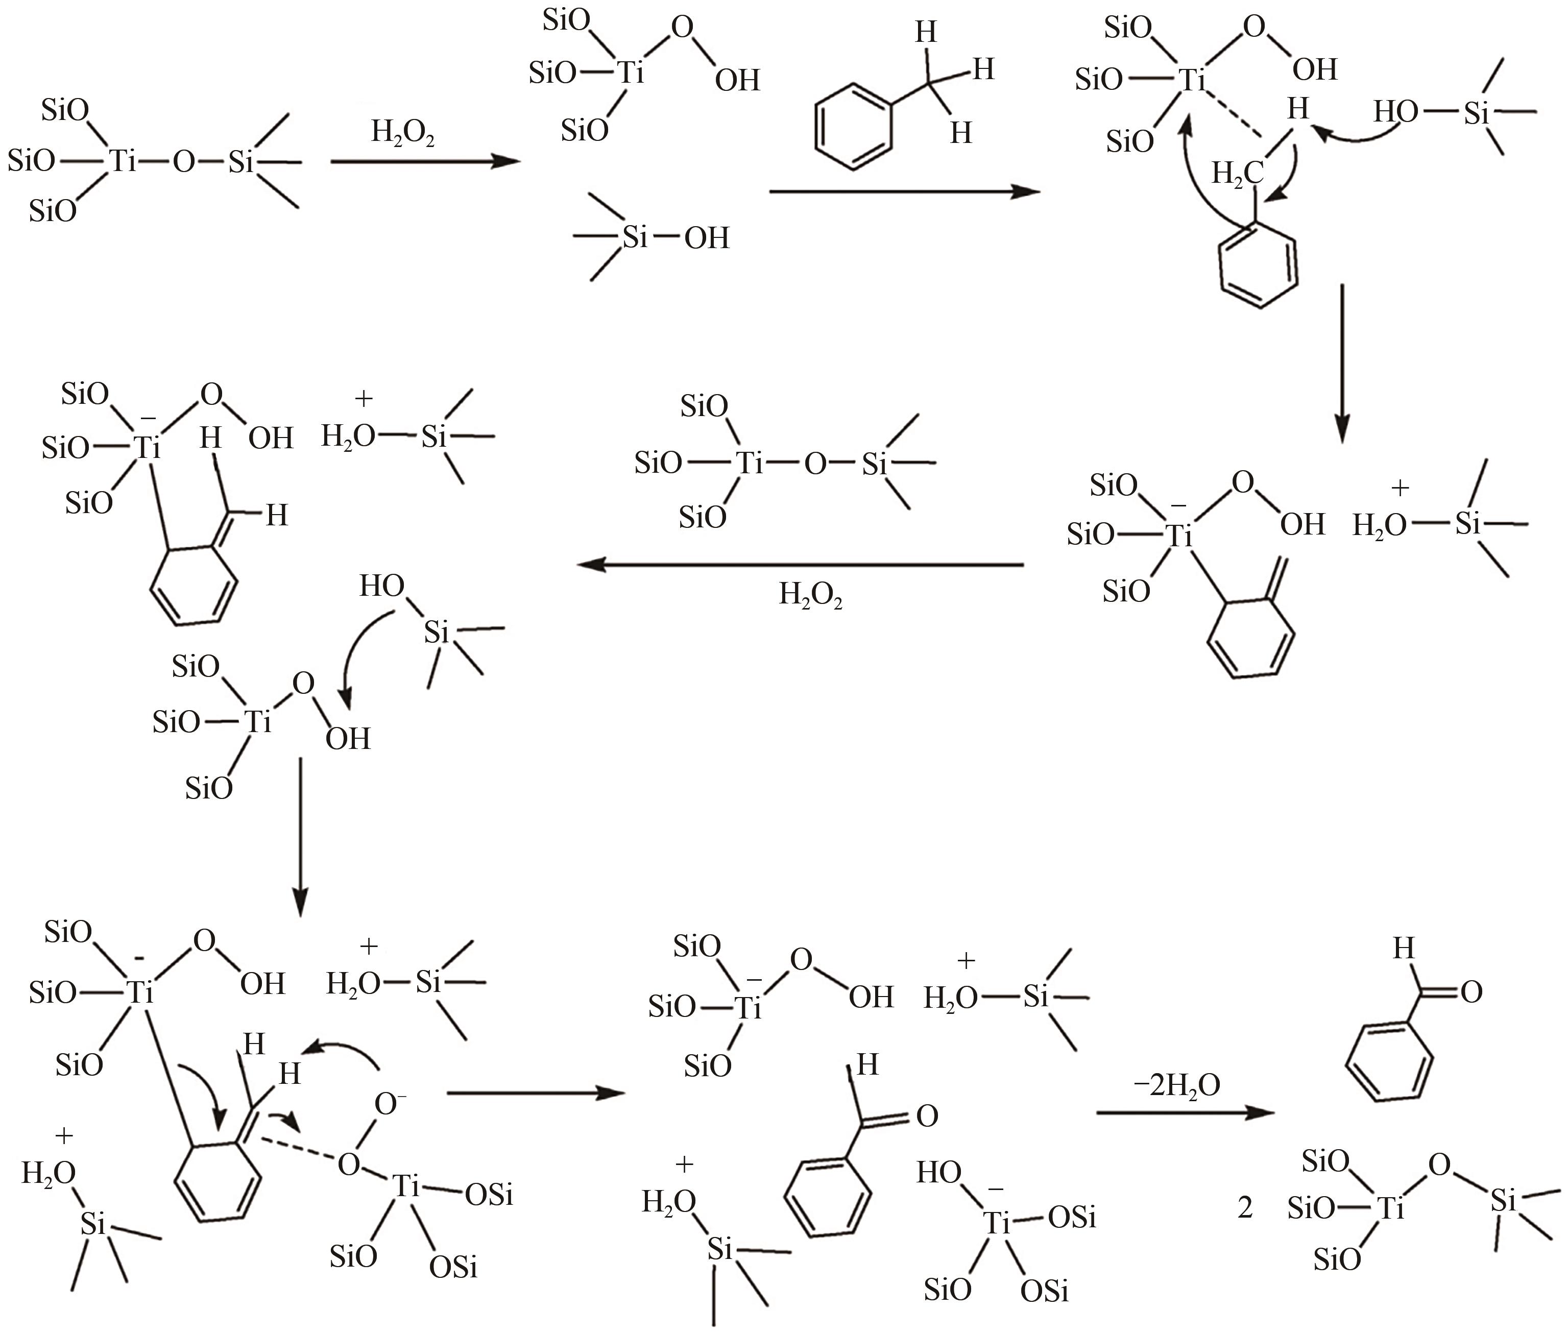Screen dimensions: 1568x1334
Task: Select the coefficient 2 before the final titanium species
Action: click(x=1245, y=1208)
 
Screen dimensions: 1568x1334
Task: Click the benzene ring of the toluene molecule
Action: click(x=853, y=128)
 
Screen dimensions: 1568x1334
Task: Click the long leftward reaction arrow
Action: click(x=800, y=564)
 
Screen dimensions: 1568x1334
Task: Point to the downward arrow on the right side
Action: click(x=1341, y=364)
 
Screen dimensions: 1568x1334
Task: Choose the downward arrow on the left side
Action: click(x=301, y=837)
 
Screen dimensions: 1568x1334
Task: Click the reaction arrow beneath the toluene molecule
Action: click(x=905, y=192)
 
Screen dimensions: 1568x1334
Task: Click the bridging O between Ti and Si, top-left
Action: click(x=184, y=162)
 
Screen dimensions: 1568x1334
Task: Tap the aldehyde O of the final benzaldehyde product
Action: click(x=1471, y=992)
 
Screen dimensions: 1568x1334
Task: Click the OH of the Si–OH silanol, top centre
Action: click(x=707, y=238)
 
